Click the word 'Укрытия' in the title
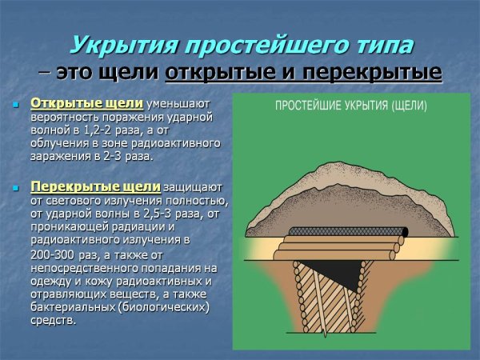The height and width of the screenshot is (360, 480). (114, 45)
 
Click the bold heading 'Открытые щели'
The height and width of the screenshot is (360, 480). (87, 104)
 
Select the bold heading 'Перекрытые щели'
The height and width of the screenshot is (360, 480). (96, 186)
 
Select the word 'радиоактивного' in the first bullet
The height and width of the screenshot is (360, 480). (175, 144)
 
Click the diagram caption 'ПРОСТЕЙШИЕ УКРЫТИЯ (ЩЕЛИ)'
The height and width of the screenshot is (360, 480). (350, 106)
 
